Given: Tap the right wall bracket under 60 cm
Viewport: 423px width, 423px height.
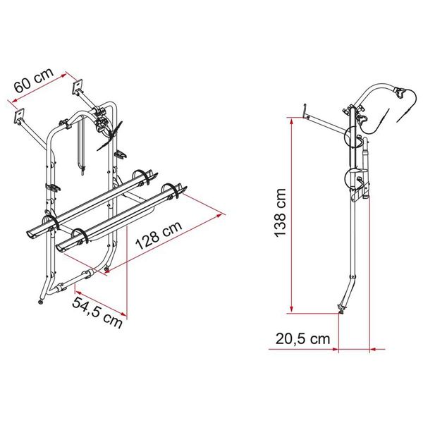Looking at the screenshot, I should [75, 90].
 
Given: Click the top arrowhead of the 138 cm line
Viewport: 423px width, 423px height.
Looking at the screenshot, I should [290, 120].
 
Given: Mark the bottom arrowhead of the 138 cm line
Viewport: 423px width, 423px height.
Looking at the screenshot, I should [290, 311].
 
